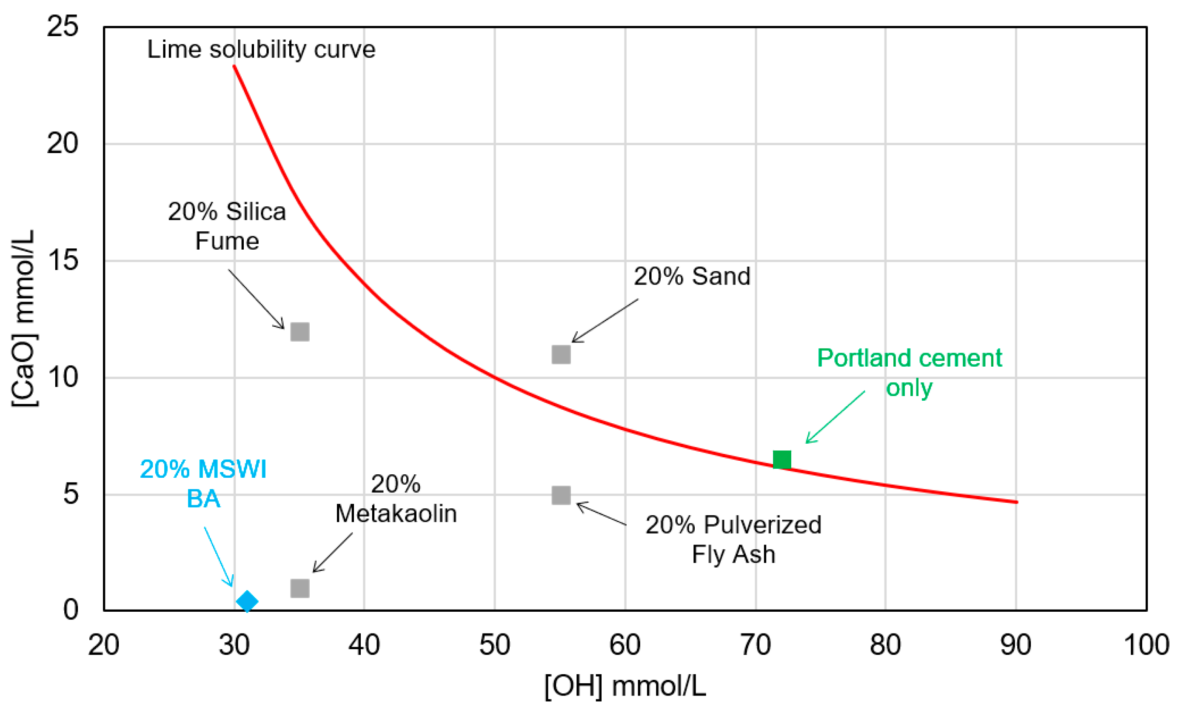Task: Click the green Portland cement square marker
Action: pos(782,459)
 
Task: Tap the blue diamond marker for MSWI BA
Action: pos(247,601)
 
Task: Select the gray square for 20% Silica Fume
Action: pos(300,332)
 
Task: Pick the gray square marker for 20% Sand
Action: pos(561,355)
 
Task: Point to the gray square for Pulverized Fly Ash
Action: pos(561,495)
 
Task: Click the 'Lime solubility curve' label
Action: pos(261,49)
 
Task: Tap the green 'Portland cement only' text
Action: pos(909,373)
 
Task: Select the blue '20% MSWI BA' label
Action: pos(203,483)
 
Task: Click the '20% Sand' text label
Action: pos(692,277)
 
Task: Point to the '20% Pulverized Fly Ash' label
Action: pos(733,539)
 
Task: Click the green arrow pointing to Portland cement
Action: pos(835,417)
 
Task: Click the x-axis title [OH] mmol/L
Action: pos(625,687)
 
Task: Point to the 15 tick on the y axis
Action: pos(62,261)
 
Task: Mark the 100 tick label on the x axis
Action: pos(1146,645)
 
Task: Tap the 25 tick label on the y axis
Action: pos(62,26)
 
